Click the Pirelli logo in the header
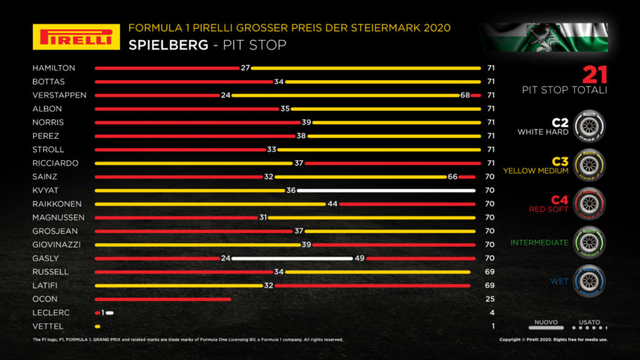pyautogui.click(x=76, y=37)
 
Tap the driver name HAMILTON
pyautogui.click(x=54, y=67)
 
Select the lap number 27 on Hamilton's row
pyautogui.click(x=245, y=67)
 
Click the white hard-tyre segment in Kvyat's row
pyautogui.click(x=386, y=190)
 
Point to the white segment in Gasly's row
pyautogui.click(x=291, y=258)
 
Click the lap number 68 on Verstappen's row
pyautogui.click(x=464, y=95)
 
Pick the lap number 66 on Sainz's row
pyautogui.click(x=452, y=177)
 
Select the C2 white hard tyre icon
pyautogui.click(x=588, y=126)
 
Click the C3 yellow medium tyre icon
pyautogui.click(x=588, y=164)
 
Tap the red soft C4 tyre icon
pyautogui.click(x=588, y=204)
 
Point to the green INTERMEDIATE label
pyautogui.click(x=539, y=242)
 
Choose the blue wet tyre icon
pyautogui.click(x=588, y=281)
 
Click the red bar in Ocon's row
pyautogui.click(x=162, y=299)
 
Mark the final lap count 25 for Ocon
pyautogui.click(x=490, y=299)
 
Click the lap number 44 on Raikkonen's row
pyautogui.click(x=332, y=204)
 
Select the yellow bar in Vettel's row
pyautogui.click(x=97, y=326)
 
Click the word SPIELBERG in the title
pyautogui.click(x=161, y=45)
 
